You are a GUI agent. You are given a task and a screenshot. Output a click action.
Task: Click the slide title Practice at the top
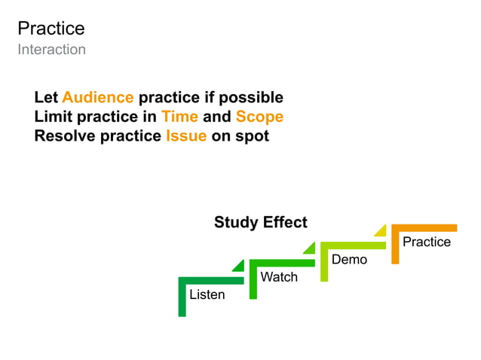[51, 29]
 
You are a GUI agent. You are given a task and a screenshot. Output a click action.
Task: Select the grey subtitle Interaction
[51, 50]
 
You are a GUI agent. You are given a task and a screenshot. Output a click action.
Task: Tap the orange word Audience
[98, 98]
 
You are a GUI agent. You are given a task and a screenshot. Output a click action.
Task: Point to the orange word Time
[179, 117]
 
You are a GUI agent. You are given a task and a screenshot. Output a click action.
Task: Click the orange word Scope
[259, 117]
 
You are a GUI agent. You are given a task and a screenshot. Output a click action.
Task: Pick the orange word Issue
[186, 137]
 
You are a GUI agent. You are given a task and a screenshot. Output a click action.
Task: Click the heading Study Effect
[260, 222]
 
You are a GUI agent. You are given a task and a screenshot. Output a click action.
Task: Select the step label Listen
[207, 294]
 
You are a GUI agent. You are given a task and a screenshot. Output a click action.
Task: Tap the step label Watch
[279, 277]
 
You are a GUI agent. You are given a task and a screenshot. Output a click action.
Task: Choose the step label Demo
[349, 260]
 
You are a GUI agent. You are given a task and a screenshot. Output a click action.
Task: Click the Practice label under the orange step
[426, 242]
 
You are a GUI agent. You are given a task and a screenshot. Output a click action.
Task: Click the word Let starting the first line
[46, 98]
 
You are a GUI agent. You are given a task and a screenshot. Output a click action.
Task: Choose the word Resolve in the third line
[65, 137]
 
